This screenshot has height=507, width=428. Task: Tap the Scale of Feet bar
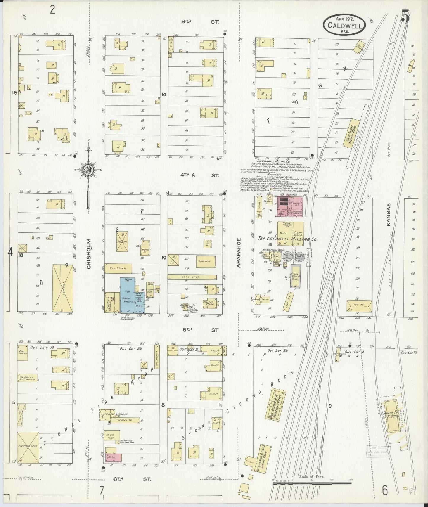click(x=312, y=484)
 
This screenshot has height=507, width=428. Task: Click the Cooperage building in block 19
click(x=206, y=261)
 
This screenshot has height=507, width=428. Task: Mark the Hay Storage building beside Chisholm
click(x=118, y=268)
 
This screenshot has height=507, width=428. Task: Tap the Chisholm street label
click(x=89, y=258)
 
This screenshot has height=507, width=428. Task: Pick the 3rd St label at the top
click(x=200, y=22)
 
